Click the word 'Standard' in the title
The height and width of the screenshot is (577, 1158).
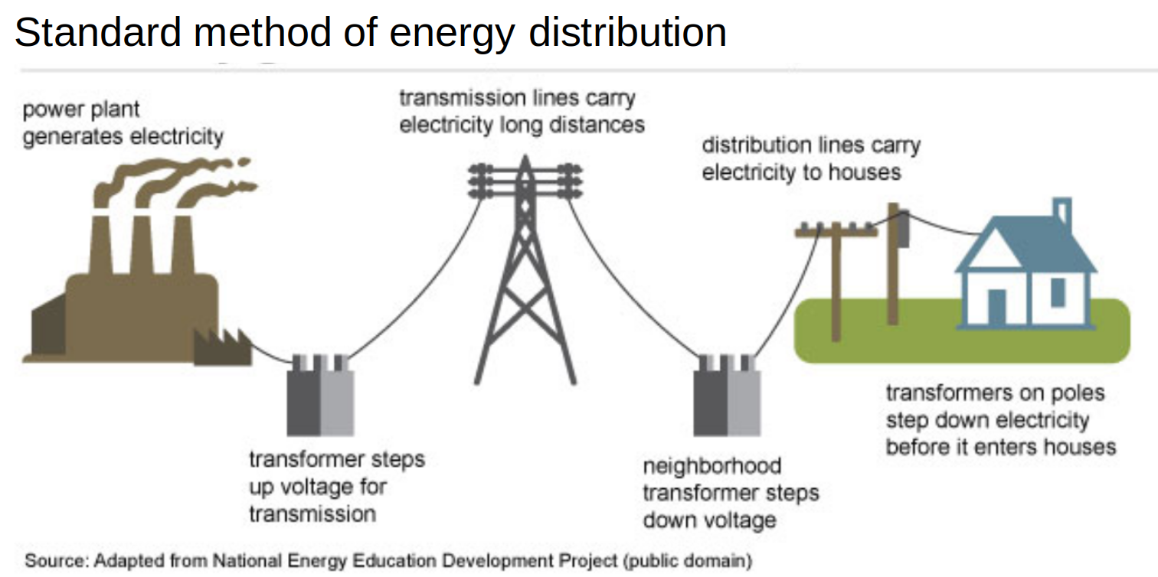click(x=98, y=32)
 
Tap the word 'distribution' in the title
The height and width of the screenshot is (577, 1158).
click(x=627, y=32)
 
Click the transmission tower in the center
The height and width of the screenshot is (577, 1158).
click(x=525, y=269)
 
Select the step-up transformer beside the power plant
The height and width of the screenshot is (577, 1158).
click(x=320, y=395)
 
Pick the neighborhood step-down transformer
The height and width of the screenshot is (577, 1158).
click(x=727, y=395)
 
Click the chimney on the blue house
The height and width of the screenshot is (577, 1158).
click(x=1061, y=212)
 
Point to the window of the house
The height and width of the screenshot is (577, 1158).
click(x=1058, y=292)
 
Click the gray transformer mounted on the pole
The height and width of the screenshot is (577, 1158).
click(x=903, y=230)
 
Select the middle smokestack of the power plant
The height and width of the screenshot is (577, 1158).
click(x=142, y=244)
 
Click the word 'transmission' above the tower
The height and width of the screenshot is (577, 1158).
click(x=463, y=98)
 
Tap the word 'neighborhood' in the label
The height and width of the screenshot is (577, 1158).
click(x=711, y=466)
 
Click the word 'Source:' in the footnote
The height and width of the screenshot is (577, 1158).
click(x=57, y=560)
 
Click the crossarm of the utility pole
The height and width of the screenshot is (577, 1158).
click(x=836, y=232)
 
